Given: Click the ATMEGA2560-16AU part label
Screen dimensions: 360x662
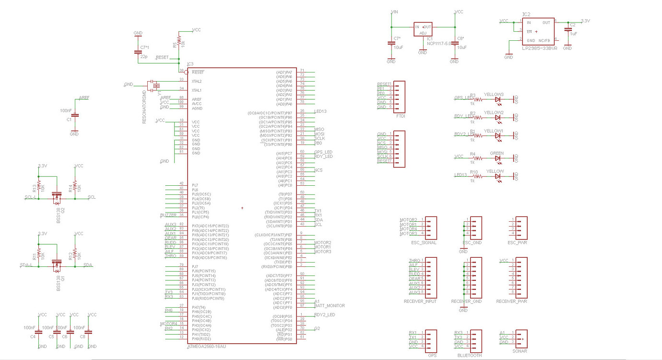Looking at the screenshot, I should [x=206, y=346].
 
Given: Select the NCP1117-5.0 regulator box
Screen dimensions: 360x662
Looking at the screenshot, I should [x=423, y=29].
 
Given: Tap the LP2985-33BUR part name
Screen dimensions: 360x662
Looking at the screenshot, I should [x=539, y=48].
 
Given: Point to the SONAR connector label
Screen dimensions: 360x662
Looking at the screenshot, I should [x=520, y=351].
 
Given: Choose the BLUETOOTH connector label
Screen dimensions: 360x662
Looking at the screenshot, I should [x=470, y=356].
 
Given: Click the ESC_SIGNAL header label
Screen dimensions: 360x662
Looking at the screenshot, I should [x=424, y=242].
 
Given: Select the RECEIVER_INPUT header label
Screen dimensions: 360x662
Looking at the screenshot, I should [x=420, y=301].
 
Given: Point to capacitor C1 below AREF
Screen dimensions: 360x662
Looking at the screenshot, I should [x=74, y=115].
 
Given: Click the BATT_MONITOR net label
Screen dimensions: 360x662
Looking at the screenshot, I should [x=329, y=306].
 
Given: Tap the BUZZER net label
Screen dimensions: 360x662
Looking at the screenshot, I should [x=168, y=215].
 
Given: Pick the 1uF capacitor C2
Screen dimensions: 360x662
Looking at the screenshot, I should [x=568, y=30].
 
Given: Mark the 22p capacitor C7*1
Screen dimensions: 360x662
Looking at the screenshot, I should [x=138, y=52].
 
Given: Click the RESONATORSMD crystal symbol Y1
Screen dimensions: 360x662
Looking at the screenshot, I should [x=155, y=86].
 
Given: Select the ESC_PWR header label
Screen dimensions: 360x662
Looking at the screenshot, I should [x=517, y=242].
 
